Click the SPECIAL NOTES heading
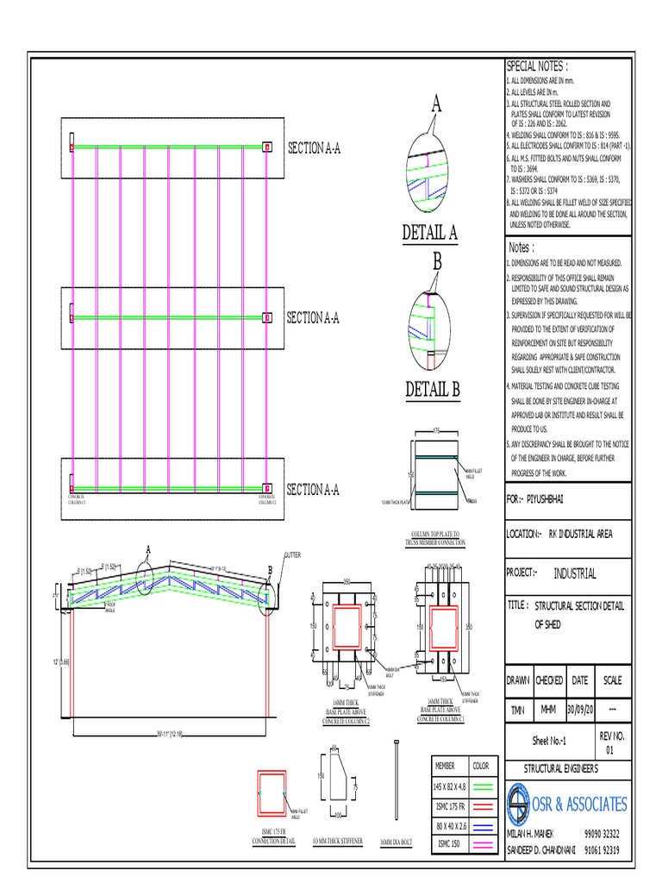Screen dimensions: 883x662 click(x=537, y=66)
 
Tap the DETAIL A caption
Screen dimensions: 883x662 click(x=429, y=233)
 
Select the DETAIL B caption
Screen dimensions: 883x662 click(x=433, y=391)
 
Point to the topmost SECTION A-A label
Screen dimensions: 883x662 click(x=314, y=148)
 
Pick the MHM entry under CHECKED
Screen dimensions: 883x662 click(x=548, y=709)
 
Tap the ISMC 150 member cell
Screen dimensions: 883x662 click(x=449, y=842)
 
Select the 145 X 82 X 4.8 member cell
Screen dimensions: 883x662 click(x=449, y=786)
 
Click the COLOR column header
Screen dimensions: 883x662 click(x=480, y=765)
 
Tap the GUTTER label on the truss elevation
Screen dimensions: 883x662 click(x=290, y=554)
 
